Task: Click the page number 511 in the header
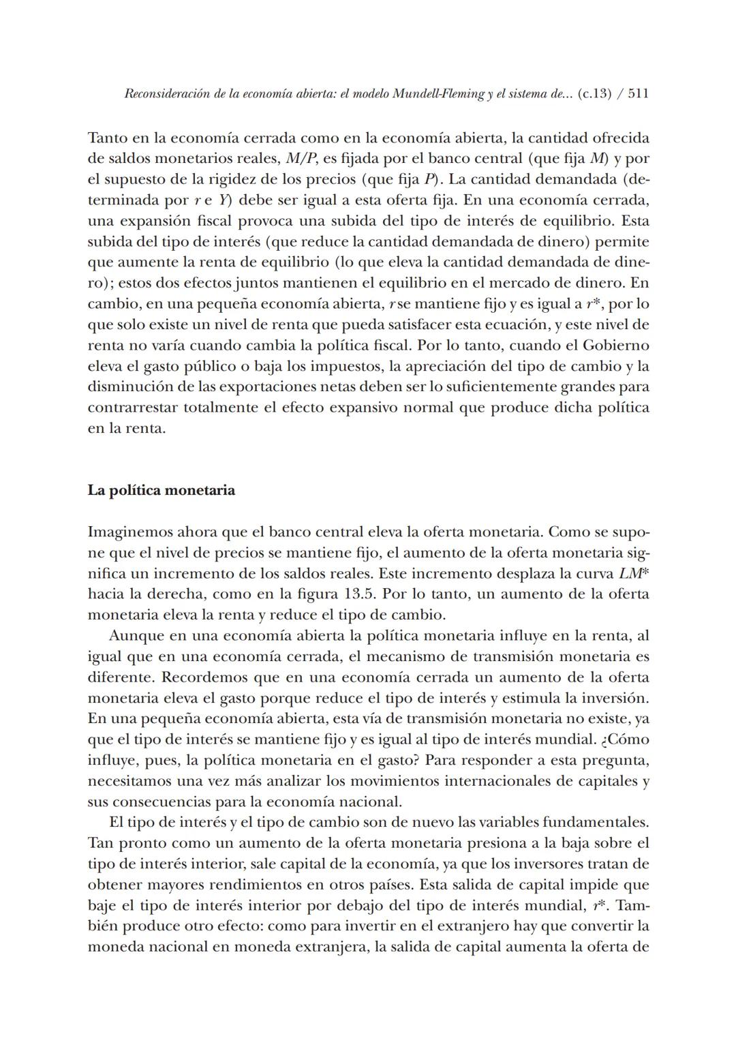coord(638,94)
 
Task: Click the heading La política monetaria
coord(162,491)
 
